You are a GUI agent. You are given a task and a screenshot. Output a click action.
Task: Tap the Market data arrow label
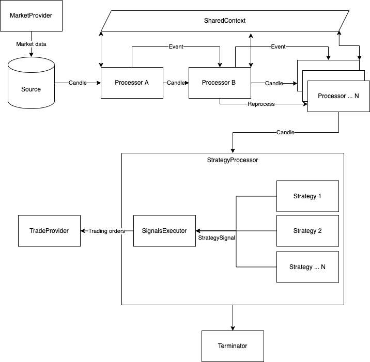[30, 44]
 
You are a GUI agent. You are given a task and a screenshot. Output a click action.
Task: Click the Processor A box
[132, 83]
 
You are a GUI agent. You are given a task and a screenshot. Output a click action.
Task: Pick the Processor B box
[219, 83]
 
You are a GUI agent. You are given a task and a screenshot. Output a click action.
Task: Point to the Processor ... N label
[338, 96]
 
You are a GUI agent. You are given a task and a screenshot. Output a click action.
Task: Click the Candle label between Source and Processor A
[78, 83]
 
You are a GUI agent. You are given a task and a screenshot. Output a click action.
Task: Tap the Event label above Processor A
[176, 47]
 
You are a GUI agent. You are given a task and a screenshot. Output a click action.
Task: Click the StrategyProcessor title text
[232, 160]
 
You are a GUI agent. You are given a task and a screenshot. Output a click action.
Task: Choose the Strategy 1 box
[307, 196]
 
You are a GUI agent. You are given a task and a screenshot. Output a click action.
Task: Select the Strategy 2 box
[307, 231]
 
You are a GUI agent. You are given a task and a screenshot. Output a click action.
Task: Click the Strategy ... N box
[307, 267]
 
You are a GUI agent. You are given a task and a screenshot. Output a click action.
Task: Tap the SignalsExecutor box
[164, 231]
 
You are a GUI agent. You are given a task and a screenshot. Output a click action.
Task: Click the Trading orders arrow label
[106, 231]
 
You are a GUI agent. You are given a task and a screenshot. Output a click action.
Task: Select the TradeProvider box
[49, 231]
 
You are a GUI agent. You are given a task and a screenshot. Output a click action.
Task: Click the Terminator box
[232, 346]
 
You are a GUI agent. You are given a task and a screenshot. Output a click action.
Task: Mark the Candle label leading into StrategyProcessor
[285, 133]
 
